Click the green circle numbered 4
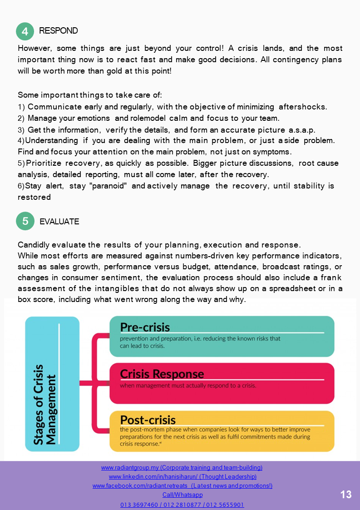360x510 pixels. click(x=25, y=31)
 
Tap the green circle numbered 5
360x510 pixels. click(x=25, y=221)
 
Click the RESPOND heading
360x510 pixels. click(x=59, y=31)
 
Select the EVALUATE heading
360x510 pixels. click(x=59, y=222)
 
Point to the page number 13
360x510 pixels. click(x=346, y=495)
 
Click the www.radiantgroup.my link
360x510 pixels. click(x=130, y=467)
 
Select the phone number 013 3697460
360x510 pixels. click(x=137, y=505)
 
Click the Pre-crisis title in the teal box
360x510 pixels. click(x=145, y=327)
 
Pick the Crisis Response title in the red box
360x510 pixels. click(x=162, y=374)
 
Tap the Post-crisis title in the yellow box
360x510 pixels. click(x=148, y=420)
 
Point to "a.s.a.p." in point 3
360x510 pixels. click(x=302, y=129)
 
